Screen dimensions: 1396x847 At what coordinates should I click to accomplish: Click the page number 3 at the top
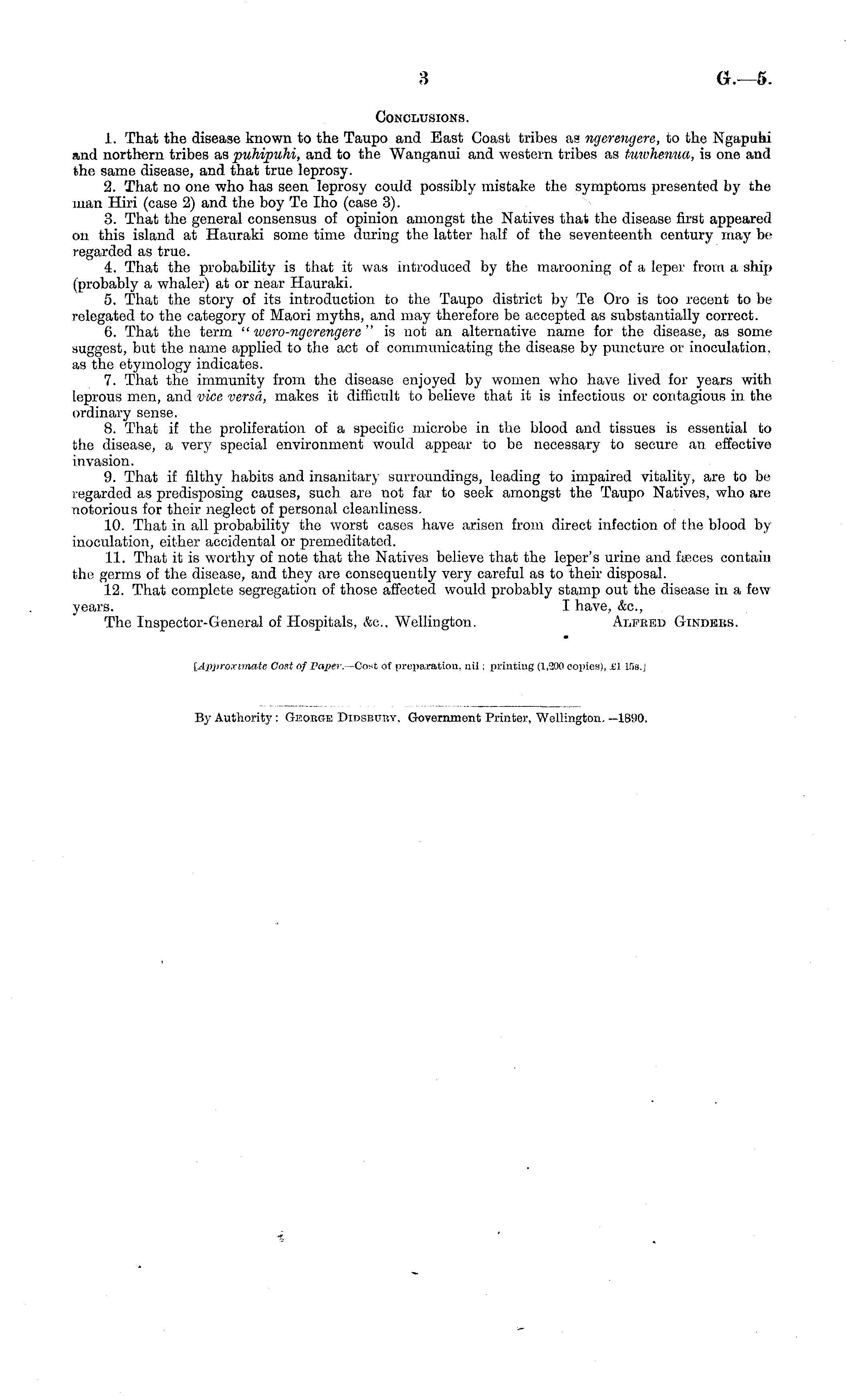[x=423, y=79]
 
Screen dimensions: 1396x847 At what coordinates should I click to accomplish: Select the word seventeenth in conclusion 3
[x=634, y=234]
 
